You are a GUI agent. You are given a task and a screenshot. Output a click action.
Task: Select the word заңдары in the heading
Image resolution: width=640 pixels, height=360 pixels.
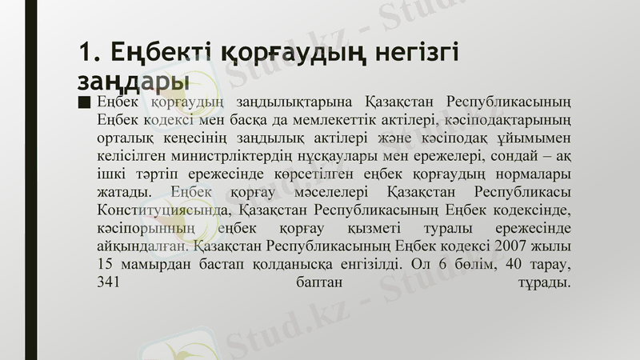coord(133,80)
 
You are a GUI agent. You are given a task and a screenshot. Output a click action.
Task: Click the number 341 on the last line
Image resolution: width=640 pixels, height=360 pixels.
coord(108,282)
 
